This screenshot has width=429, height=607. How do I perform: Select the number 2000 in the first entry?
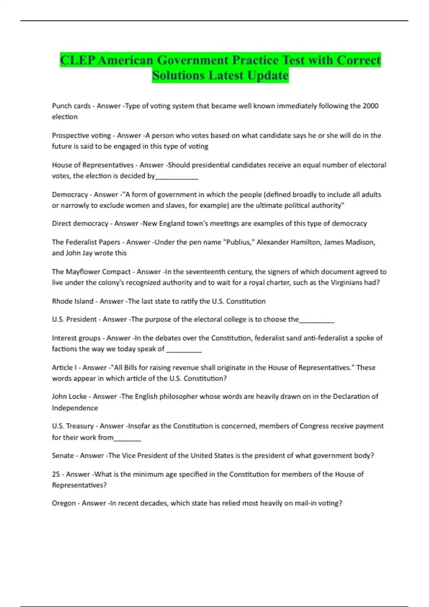coord(370,106)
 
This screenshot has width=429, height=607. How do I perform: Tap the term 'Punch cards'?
coord(71,106)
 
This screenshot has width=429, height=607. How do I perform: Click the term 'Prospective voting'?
coord(82,136)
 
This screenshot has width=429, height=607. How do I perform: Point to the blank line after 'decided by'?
coord(177,176)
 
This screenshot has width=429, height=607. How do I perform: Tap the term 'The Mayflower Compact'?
coord(91,272)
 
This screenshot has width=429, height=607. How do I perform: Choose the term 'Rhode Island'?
coord(73,301)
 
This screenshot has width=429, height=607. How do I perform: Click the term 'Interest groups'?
coord(76,338)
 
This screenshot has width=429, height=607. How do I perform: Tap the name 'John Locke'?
coord(69,397)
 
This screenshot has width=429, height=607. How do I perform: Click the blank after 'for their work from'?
coord(127,438)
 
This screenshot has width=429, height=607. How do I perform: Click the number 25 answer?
coord(56,475)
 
